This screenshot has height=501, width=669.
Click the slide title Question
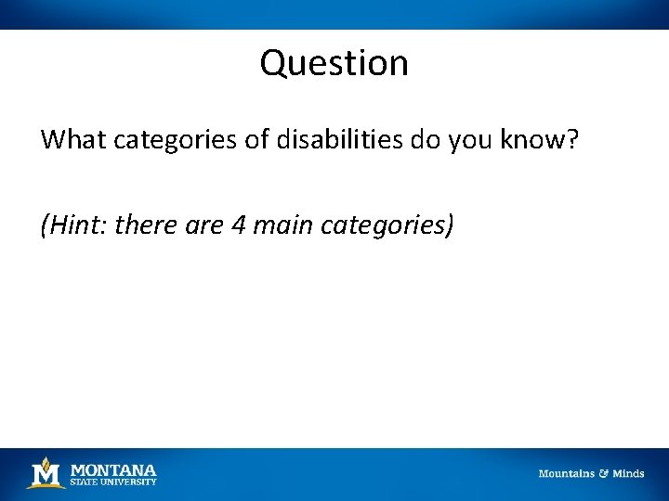pyautogui.click(x=334, y=63)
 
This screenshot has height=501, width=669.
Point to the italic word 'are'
pyautogui.click(x=203, y=225)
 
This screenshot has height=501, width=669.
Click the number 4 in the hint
pyautogui.click(x=238, y=224)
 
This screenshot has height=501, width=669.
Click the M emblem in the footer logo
pyautogui.click(x=45, y=473)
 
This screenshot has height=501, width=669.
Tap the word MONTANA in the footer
pyautogui.click(x=113, y=469)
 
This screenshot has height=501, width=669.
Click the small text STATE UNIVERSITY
pyautogui.click(x=113, y=482)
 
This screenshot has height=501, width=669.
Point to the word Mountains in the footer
pyautogui.click(x=566, y=473)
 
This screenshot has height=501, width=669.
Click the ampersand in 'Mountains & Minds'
pyautogui.click(x=603, y=473)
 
